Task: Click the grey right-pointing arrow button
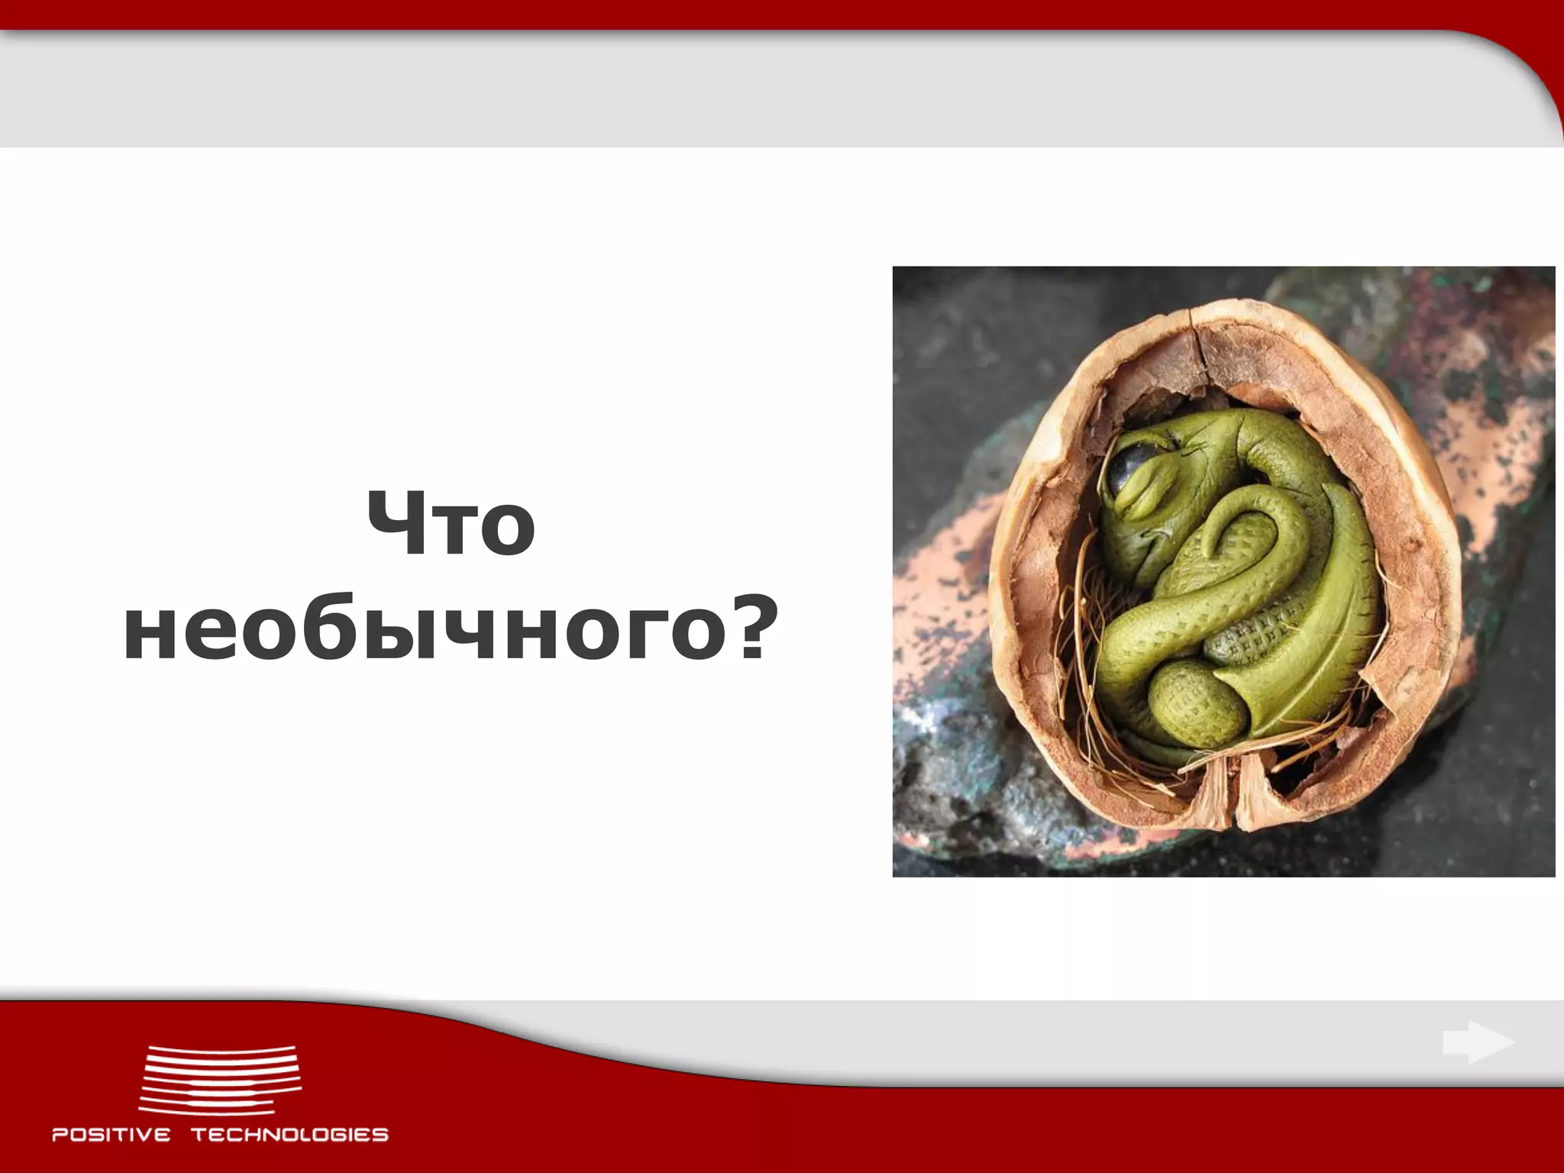[1478, 1042]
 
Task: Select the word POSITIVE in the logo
[111, 1134]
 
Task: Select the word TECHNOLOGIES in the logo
[289, 1134]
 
